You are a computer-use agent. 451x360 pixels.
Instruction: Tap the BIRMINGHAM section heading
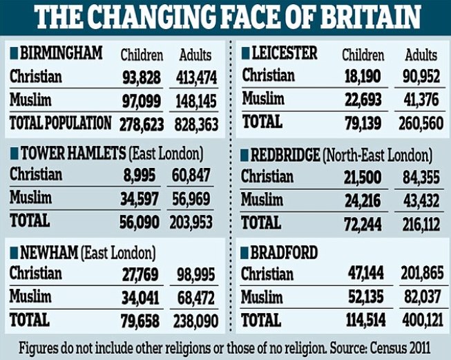coord(61,53)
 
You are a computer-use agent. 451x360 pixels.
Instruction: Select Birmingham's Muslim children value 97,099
coord(142,102)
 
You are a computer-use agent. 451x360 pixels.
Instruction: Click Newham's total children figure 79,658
coord(142,321)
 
